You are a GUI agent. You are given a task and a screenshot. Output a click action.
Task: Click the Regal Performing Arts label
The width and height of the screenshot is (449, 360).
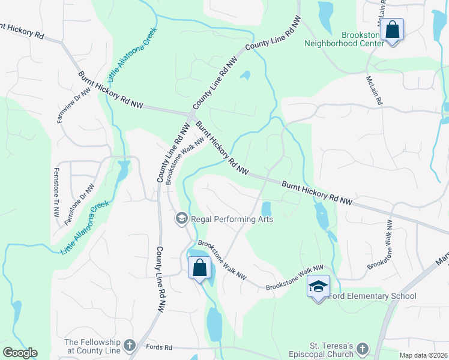coord(232,219)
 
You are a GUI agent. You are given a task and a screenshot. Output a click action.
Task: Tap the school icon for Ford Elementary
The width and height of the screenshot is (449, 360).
coord(319,287)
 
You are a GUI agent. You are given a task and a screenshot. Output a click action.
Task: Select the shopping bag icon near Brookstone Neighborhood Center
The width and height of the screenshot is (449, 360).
coord(392,29)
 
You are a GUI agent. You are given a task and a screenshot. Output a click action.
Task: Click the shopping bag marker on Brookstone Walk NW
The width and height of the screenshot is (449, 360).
coord(200,268)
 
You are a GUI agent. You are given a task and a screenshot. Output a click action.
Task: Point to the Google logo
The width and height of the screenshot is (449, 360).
coord(20,353)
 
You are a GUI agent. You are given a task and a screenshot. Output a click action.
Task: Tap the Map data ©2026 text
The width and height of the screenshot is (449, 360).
coord(423,355)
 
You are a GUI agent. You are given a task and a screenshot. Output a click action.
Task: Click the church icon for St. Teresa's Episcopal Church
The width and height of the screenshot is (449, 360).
coord(362,349)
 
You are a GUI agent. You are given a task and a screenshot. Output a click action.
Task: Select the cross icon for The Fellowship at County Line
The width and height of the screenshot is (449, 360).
coord(130,344)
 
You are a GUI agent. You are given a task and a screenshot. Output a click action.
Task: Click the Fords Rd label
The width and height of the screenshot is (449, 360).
coord(159,347)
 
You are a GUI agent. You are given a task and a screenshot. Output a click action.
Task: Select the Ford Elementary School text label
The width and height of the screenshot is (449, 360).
coord(372,296)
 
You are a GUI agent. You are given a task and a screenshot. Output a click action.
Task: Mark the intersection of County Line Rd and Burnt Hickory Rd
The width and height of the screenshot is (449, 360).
coord(192,115)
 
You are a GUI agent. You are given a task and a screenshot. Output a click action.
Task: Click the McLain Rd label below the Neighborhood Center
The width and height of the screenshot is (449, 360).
coord(374,91)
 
